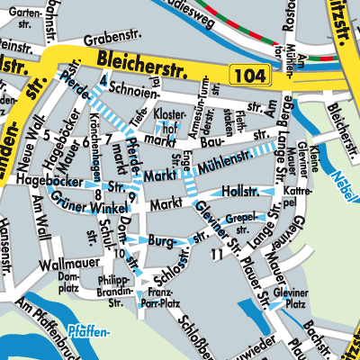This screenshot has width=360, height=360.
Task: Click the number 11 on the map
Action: [215, 256]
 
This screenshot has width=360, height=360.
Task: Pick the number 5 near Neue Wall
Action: [46, 135]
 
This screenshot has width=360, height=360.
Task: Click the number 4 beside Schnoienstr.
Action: [104, 82]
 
